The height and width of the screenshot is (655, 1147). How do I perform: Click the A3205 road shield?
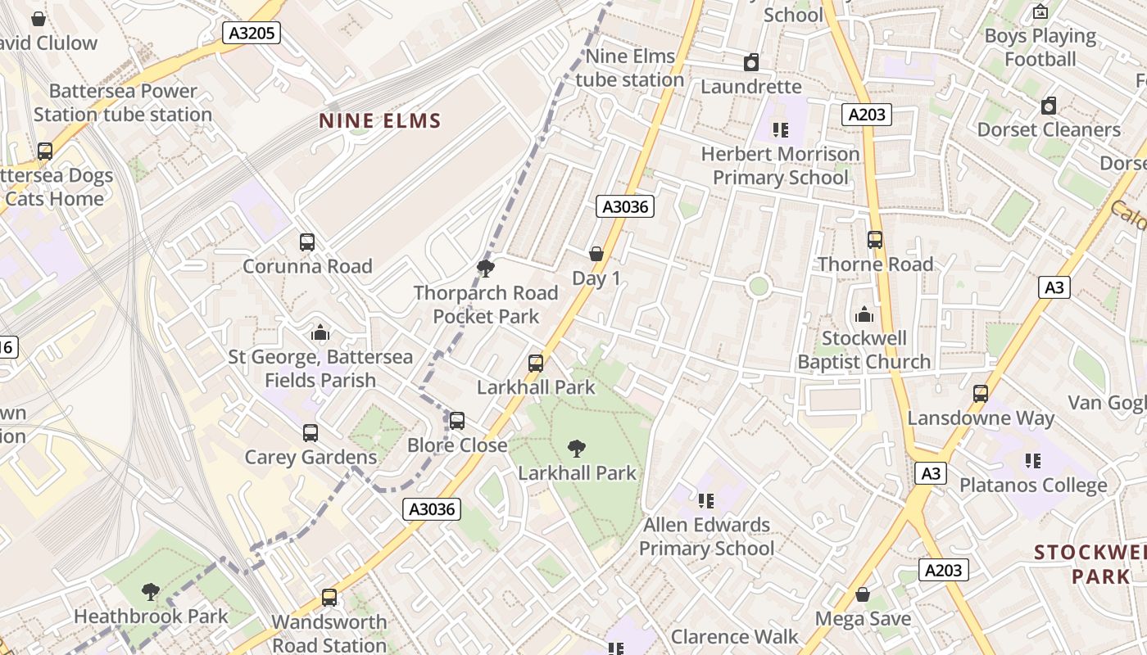[252, 33]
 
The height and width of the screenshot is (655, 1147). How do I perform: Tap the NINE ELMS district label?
[380, 121]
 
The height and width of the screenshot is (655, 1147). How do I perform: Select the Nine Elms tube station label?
[630, 68]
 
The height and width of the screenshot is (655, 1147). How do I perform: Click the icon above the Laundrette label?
[750, 62]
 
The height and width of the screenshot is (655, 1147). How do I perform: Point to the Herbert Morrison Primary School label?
[780, 165]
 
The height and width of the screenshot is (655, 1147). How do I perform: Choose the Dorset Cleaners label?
[1049, 129]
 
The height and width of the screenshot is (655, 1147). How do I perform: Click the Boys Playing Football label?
[1040, 47]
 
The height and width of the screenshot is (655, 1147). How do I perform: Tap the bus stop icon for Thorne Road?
[875, 240]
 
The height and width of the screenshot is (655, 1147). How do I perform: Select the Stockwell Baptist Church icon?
[864, 314]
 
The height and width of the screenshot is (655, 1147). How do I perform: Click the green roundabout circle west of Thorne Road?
[759, 286]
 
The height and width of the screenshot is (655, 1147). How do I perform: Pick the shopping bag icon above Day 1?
[596, 254]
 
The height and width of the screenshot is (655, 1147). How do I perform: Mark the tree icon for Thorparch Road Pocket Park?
[486, 268]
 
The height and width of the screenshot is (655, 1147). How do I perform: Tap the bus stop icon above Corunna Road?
[307, 242]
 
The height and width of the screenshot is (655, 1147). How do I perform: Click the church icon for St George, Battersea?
[320, 332]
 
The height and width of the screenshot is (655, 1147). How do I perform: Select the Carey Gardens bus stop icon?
[311, 433]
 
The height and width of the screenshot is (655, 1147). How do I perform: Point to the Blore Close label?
[457, 445]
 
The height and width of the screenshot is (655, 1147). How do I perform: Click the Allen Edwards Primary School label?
[706, 536]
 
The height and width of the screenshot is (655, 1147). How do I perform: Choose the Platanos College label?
[1033, 485]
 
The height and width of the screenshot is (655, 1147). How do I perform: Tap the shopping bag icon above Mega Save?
[863, 594]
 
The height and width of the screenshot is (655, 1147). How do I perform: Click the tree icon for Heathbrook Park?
[150, 591]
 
